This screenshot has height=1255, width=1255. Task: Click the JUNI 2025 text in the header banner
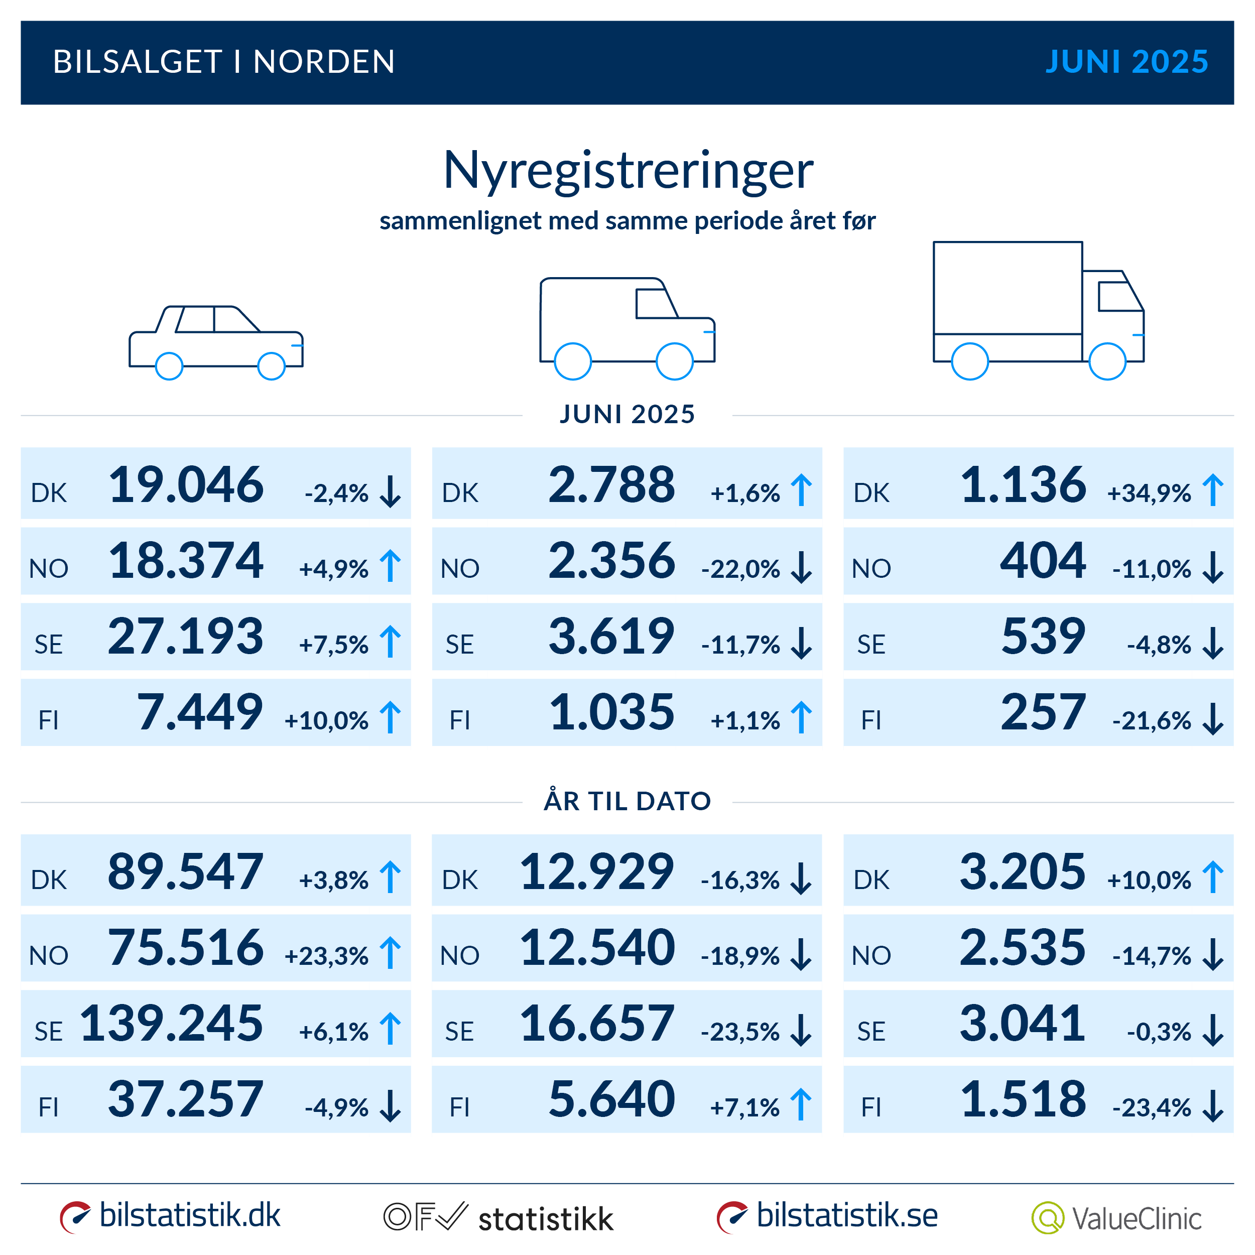click(x=1126, y=62)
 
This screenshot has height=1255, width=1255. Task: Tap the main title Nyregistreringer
click(x=627, y=170)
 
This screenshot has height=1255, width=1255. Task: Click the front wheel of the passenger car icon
click(x=272, y=366)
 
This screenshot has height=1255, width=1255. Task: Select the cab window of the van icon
click(x=655, y=303)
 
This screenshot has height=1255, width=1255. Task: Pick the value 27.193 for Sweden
click(x=186, y=636)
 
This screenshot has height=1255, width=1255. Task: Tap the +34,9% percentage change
click(x=1149, y=493)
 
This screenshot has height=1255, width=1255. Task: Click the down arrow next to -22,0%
click(x=802, y=567)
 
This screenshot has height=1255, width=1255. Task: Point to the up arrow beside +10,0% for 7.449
click(x=391, y=717)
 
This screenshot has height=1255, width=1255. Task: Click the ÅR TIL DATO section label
click(x=627, y=801)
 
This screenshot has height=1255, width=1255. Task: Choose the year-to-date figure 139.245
click(x=172, y=1023)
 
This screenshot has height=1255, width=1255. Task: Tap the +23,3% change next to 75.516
click(x=326, y=955)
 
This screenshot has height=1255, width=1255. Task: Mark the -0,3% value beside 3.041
click(x=1158, y=1032)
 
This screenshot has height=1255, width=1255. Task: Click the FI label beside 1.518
click(x=870, y=1107)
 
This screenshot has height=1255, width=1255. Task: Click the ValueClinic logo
click(x=1116, y=1218)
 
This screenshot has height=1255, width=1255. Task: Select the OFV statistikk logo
click(x=498, y=1218)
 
